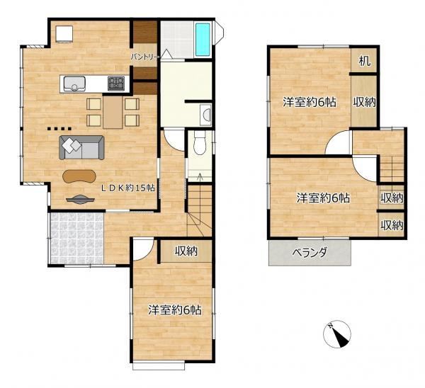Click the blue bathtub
(x=203, y=40)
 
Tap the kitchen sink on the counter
(x=74, y=84)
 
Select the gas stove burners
(x=116, y=83)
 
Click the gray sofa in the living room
(x=81, y=147)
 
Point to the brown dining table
(x=113, y=112)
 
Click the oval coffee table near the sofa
(x=79, y=176)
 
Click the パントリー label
(x=145, y=57)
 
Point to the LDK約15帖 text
(x=128, y=188)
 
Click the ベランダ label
(x=310, y=253)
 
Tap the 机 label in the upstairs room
(x=365, y=61)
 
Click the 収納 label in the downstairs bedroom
(x=186, y=251)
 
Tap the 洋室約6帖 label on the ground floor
(x=175, y=310)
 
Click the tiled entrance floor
(x=77, y=238)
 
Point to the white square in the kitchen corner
(x=64, y=34)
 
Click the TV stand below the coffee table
(x=81, y=199)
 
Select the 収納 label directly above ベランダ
(x=392, y=225)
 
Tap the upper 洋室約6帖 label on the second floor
(x=310, y=103)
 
